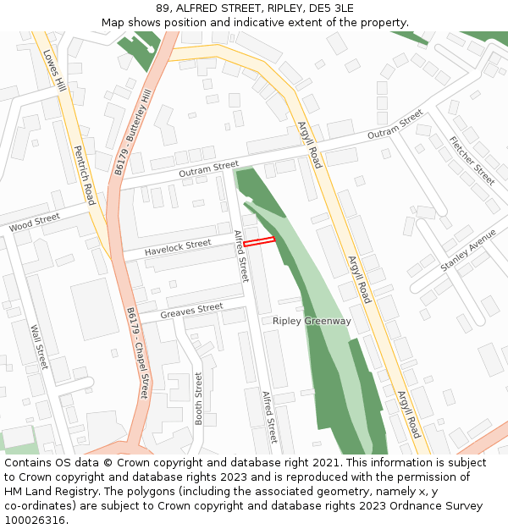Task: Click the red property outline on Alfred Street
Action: click(x=259, y=242)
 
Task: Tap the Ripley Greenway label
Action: click(x=312, y=322)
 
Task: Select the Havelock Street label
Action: click(x=177, y=246)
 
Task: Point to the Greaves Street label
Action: click(x=191, y=310)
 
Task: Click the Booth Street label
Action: click(x=199, y=398)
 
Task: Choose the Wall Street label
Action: click(x=40, y=346)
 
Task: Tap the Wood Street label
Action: click(x=35, y=223)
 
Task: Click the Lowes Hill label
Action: click(x=54, y=69)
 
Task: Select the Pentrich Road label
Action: click(x=84, y=175)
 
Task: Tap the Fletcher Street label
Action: click(x=472, y=160)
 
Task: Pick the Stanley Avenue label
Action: click(x=468, y=251)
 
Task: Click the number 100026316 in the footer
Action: click(x=34, y=521)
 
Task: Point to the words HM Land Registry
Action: click(x=52, y=492)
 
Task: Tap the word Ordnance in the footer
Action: click(x=409, y=506)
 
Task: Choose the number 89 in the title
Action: click(x=163, y=8)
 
